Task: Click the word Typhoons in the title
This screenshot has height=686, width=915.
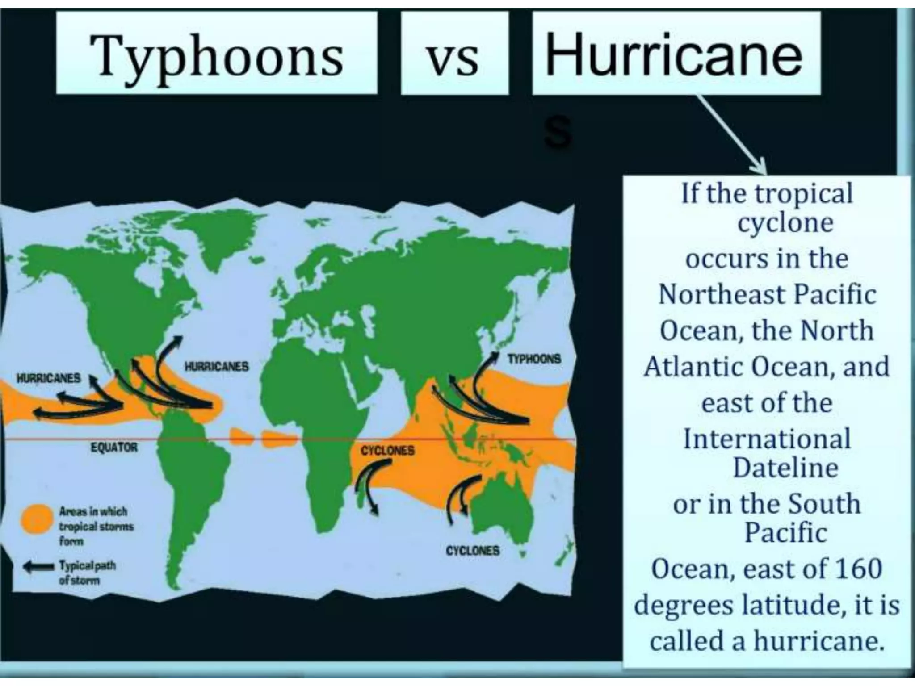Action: click(217, 56)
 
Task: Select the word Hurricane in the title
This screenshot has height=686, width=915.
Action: click(674, 54)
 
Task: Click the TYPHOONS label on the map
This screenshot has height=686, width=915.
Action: click(534, 359)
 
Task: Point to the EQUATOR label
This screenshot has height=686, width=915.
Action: click(114, 447)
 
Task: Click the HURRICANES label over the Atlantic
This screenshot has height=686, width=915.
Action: click(216, 367)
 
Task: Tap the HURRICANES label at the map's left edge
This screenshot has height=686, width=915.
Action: click(48, 378)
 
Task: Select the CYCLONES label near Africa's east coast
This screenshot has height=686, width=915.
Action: click(387, 450)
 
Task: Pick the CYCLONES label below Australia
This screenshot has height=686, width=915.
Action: click(472, 551)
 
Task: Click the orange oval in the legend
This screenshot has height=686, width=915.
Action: click(37, 519)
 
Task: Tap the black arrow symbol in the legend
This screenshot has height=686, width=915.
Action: click(39, 566)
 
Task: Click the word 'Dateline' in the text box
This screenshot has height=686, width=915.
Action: click(785, 468)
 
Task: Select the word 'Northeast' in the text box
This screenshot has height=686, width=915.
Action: click(718, 295)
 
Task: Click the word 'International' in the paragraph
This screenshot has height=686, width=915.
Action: click(767, 439)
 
